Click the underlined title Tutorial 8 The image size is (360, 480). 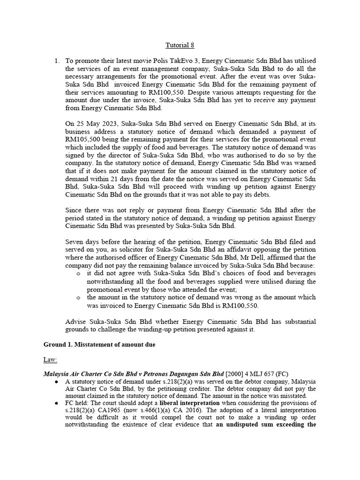(x=180, y=45)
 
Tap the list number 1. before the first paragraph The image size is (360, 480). (x=57, y=61)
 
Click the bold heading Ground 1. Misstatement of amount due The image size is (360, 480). (x=100, y=345)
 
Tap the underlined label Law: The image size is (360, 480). (x=50, y=360)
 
